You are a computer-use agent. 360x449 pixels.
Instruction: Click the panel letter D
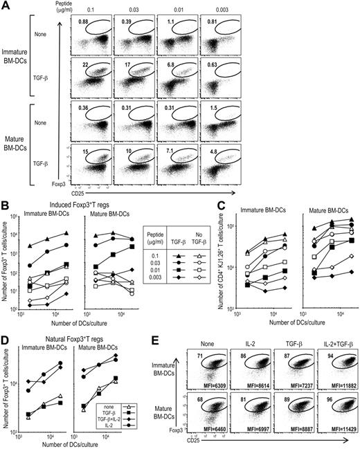pyautogui.click(x=6, y=338)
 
